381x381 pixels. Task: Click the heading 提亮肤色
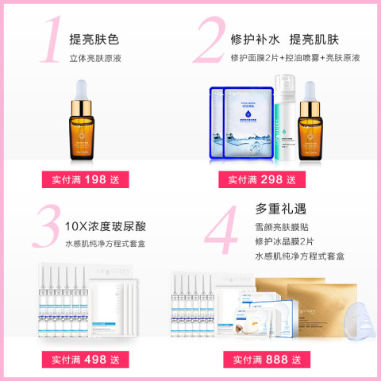95,38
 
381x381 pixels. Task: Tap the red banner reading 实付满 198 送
85,179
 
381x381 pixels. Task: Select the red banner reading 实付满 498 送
85,360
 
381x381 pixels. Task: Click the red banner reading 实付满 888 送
261,360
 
